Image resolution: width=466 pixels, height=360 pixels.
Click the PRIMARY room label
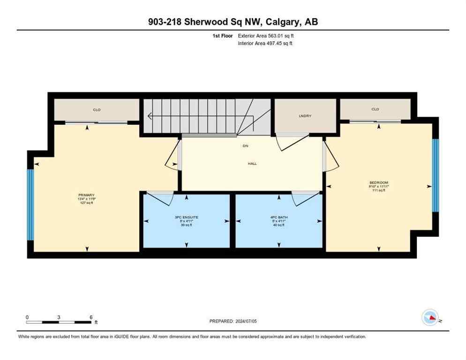(x=87, y=195)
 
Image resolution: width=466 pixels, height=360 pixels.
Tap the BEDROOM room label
(x=379, y=182)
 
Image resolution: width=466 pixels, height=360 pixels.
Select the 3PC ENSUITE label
(x=187, y=217)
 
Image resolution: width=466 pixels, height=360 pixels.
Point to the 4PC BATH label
(x=279, y=217)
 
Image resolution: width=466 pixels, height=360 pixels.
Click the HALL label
(x=252, y=164)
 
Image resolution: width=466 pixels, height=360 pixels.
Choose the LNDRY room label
(x=305, y=116)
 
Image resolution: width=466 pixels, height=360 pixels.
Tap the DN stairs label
(x=245, y=146)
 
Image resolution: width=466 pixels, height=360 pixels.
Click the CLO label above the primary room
(x=97, y=110)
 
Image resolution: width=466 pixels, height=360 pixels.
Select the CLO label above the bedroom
(x=375, y=109)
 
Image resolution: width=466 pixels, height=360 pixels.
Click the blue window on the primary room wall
(x=30, y=204)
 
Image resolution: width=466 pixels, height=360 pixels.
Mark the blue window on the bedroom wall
(x=435, y=175)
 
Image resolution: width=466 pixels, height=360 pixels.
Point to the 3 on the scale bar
(x=59, y=317)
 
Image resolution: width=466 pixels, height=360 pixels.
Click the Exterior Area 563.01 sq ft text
(x=266, y=36)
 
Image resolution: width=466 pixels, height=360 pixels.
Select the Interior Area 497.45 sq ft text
(x=266, y=43)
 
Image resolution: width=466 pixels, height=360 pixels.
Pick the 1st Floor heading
(x=222, y=36)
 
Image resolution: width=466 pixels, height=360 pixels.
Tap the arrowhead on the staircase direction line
(x=150, y=116)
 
